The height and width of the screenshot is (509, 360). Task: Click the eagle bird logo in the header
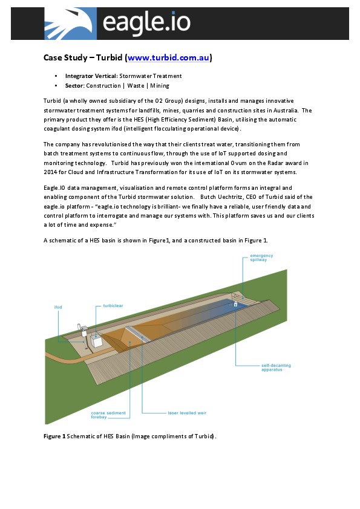[x=70, y=24]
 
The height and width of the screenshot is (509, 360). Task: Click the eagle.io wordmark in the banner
[x=146, y=24]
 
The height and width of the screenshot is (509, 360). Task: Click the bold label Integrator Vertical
[x=91, y=76]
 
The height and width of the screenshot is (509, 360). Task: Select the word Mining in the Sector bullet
[x=160, y=86]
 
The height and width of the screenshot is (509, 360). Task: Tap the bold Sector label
[x=74, y=86]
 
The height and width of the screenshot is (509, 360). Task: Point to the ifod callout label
[x=58, y=307]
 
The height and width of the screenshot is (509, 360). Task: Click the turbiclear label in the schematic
[x=113, y=306]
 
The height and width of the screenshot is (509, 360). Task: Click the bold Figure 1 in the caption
[x=54, y=436]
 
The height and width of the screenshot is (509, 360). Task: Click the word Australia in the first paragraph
[x=283, y=110]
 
